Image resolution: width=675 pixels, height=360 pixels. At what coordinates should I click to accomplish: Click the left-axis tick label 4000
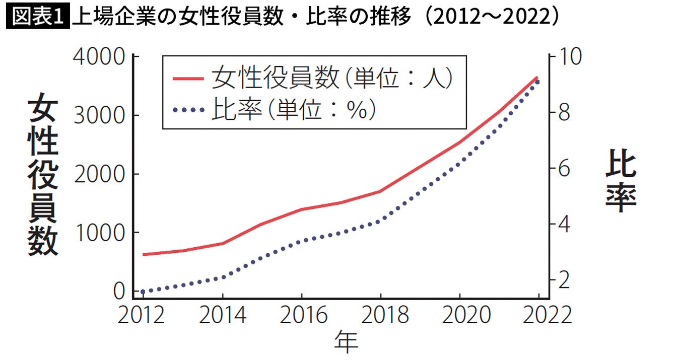pyautogui.click(x=99, y=57)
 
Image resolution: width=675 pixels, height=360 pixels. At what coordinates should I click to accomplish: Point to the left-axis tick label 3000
pyautogui.click(x=99, y=116)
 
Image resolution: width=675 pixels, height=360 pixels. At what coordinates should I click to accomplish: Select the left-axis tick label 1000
pyautogui.click(x=99, y=233)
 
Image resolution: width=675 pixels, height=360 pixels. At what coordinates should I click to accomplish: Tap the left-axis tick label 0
pyautogui.click(x=119, y=291)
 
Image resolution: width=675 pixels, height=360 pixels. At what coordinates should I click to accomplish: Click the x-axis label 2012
pyautogui.click(x=143, y=315)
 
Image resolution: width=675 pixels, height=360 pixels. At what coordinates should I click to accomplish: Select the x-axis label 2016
pyautogui.click(x=302, y=315)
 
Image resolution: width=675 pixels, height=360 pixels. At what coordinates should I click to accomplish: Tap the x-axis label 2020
pyautogui.click(x=460, y=315)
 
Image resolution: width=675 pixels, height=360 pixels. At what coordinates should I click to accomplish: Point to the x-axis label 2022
pyautogui.click(x=539, y=315)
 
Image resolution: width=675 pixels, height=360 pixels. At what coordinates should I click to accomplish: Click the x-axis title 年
pyautogui.click(x=346, y=342)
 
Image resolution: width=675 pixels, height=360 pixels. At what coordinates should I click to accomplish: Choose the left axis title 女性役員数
pyautogui.click(x=43, y=176)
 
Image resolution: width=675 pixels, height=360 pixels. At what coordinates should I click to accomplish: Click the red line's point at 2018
pyautogui.click(x=381, y=191)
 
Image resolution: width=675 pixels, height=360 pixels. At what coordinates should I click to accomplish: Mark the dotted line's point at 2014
pyautogui.click(x=223, y=277)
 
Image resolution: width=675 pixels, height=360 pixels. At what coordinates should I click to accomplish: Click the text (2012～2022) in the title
pyautogui.click(x=492, y=17)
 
